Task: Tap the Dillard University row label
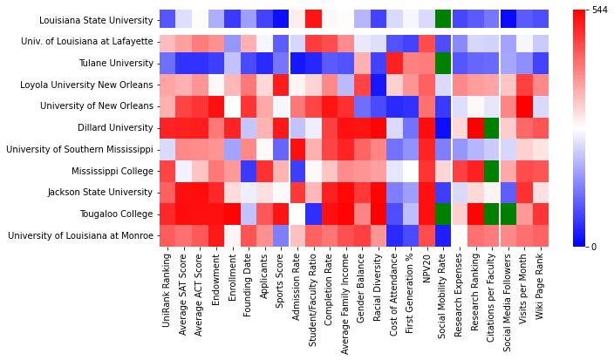point(113,127)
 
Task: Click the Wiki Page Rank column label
point(541,287)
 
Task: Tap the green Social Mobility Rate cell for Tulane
point(443,63)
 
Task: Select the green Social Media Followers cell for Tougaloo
point(508,214)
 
